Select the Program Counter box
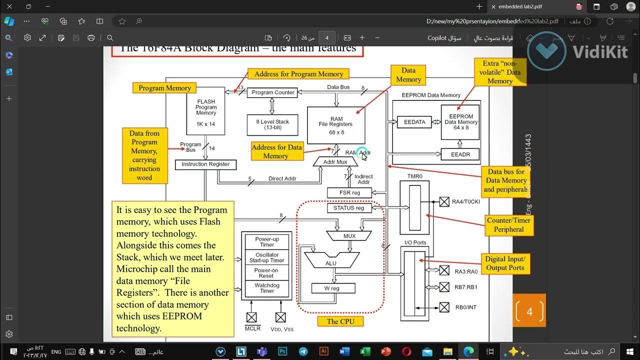[x=273, y=92]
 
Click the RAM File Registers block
[x=336, y=125]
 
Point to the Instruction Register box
[x=205, y=164]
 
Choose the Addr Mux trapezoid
[x=335, y=162]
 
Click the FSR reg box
[x=349, y=192]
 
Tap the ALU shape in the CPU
[x=330, y=260]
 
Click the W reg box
[x=333, y=288]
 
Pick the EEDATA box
[x=414, y=121]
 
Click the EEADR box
[x=460, y=154]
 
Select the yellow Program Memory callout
[x=164, y=88]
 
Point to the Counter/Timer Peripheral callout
[x=508, y=225]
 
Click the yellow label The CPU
[x=340, y=321]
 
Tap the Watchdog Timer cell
[x=267, y=288]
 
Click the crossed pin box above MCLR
[x=251, y=317]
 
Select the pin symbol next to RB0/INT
[x=444, y=307]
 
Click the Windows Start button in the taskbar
[x=629, y=351]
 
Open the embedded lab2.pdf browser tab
[x=530, y=6]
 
